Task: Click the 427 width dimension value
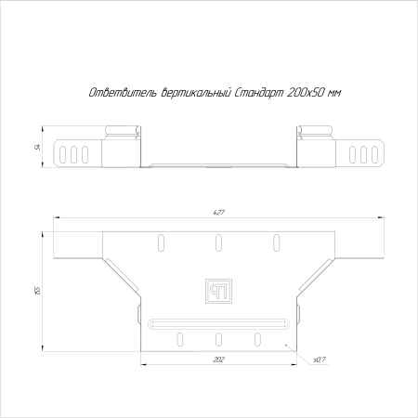click(x=218, y=213)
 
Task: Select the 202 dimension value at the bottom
click(x=218, y=359)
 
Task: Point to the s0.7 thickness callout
click(x=320, y=359)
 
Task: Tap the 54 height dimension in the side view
click(x=38, y=147)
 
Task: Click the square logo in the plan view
click(x=218, y=291)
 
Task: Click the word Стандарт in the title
click(x=259, y=93)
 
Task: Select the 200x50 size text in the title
click(x=307, y=93)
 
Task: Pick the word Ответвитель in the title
click(x=124, y=93)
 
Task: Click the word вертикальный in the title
click(x=196, y=93)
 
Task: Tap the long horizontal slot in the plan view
click(x=218, y=324)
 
